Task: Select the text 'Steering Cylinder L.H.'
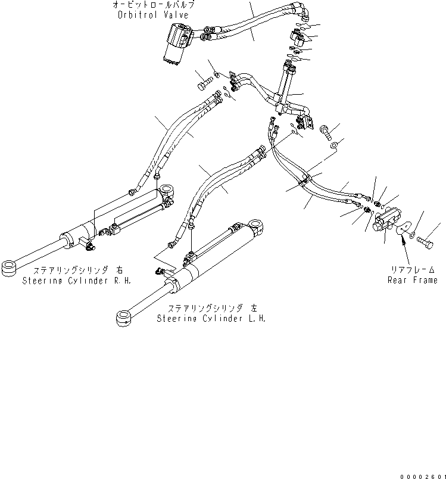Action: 211,318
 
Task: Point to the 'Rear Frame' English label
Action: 413,280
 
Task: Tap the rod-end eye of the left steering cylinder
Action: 124,317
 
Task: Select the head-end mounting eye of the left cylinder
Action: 258,225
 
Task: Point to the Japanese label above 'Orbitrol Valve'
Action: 153,4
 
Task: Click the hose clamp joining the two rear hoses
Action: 306,181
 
